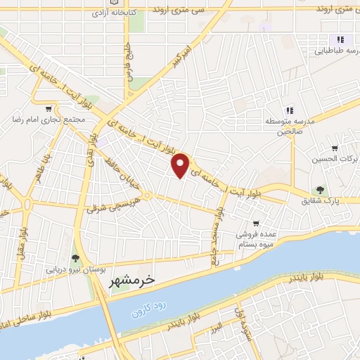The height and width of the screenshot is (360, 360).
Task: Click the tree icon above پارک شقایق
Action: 321,190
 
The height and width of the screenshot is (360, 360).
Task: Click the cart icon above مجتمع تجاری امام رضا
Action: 48,109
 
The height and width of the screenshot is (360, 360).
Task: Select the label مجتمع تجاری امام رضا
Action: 48,120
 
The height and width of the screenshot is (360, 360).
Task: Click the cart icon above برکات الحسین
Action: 335,148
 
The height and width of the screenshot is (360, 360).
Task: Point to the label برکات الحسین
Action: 335,159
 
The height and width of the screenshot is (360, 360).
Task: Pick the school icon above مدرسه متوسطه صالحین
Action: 288,110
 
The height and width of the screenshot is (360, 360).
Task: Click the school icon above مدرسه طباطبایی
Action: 340,39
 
